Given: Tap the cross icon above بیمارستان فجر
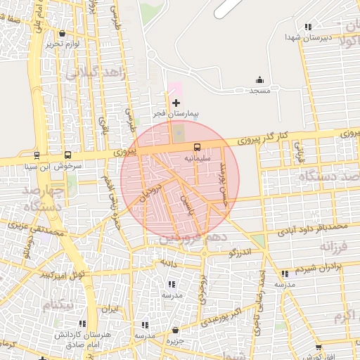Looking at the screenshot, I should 176,103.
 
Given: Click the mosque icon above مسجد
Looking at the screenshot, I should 259,80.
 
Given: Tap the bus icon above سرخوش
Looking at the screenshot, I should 68,155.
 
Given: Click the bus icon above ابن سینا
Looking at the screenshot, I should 37,155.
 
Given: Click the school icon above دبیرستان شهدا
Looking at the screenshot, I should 307,27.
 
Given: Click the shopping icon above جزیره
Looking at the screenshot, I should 175,330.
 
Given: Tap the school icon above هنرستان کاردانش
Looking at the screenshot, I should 84,324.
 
